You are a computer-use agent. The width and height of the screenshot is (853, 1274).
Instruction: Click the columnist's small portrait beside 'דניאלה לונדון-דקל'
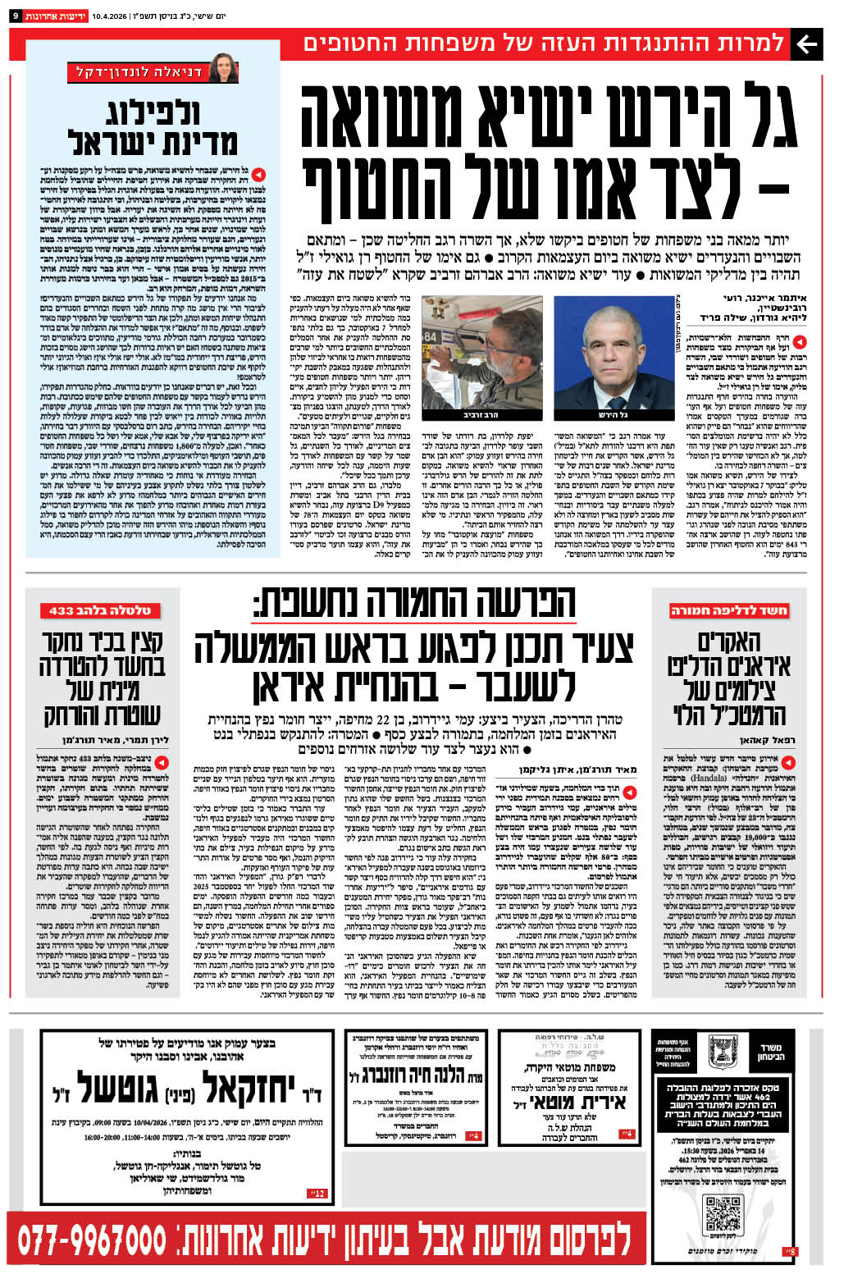coord(222,71)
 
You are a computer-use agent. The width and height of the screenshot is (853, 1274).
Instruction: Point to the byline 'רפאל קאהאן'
coord(771,739)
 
